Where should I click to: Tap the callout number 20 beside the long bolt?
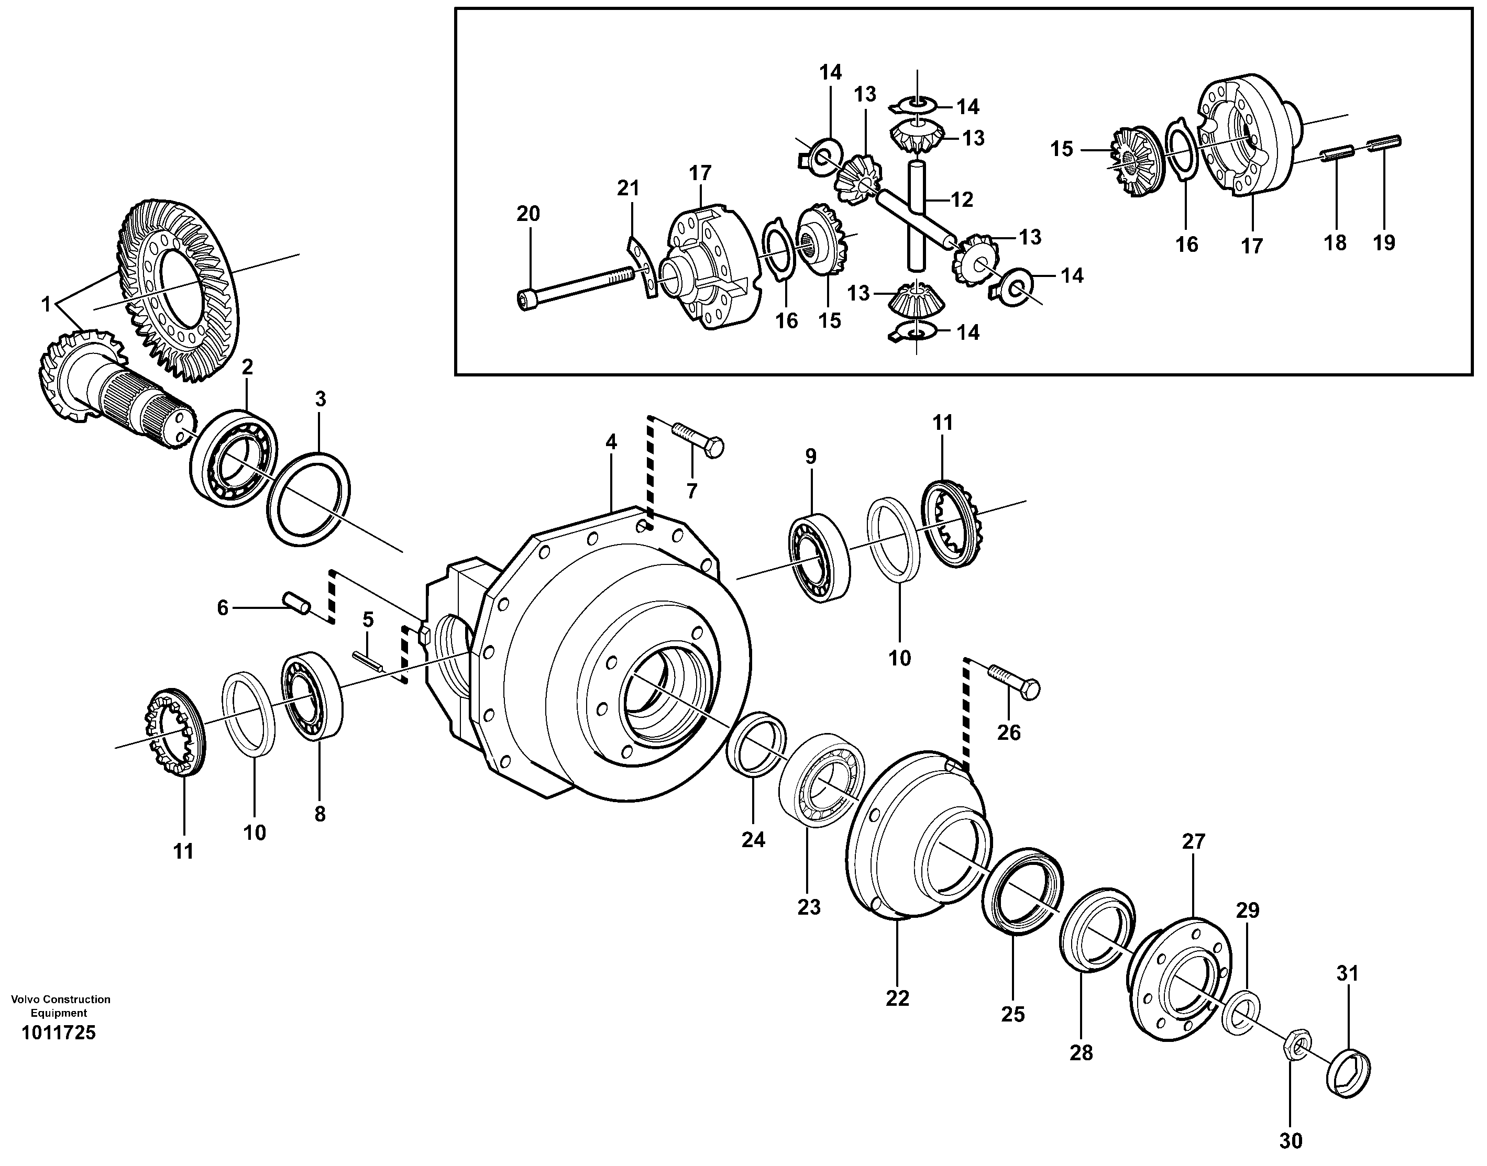pos(528,214)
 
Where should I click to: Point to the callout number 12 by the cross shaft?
pos(961,200)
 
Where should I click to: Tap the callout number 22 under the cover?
pos(897,998)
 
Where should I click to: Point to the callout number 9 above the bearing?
pos(810,456)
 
